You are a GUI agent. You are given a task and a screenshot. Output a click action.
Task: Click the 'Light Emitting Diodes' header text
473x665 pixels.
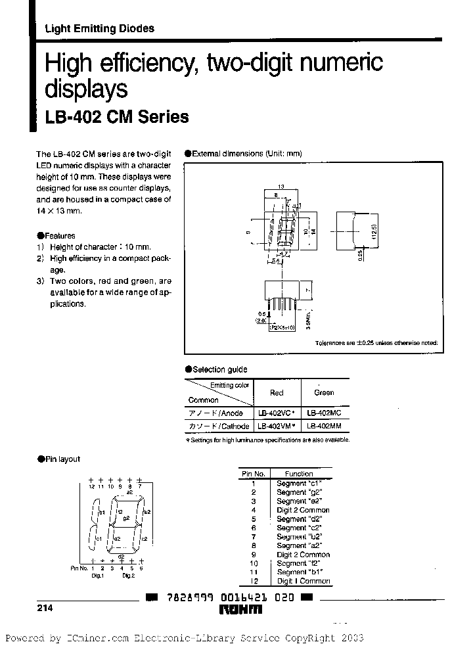tap(99, 28)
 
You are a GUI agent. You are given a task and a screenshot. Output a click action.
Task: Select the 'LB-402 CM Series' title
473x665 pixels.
tap(116, 117)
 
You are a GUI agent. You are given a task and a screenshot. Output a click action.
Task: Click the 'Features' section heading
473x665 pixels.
tap(59, 235)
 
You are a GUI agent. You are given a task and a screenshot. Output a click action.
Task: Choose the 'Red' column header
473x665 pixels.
tap(277, 393)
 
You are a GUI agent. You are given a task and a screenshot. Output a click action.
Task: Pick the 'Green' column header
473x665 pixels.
tap(324, 393)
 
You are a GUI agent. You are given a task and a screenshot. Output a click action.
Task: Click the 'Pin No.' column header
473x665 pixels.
tap(253, 473)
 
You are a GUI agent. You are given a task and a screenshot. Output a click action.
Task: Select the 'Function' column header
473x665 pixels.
tap(299, 473)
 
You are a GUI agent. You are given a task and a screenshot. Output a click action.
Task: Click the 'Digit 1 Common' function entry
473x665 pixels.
tap(303, 582)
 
